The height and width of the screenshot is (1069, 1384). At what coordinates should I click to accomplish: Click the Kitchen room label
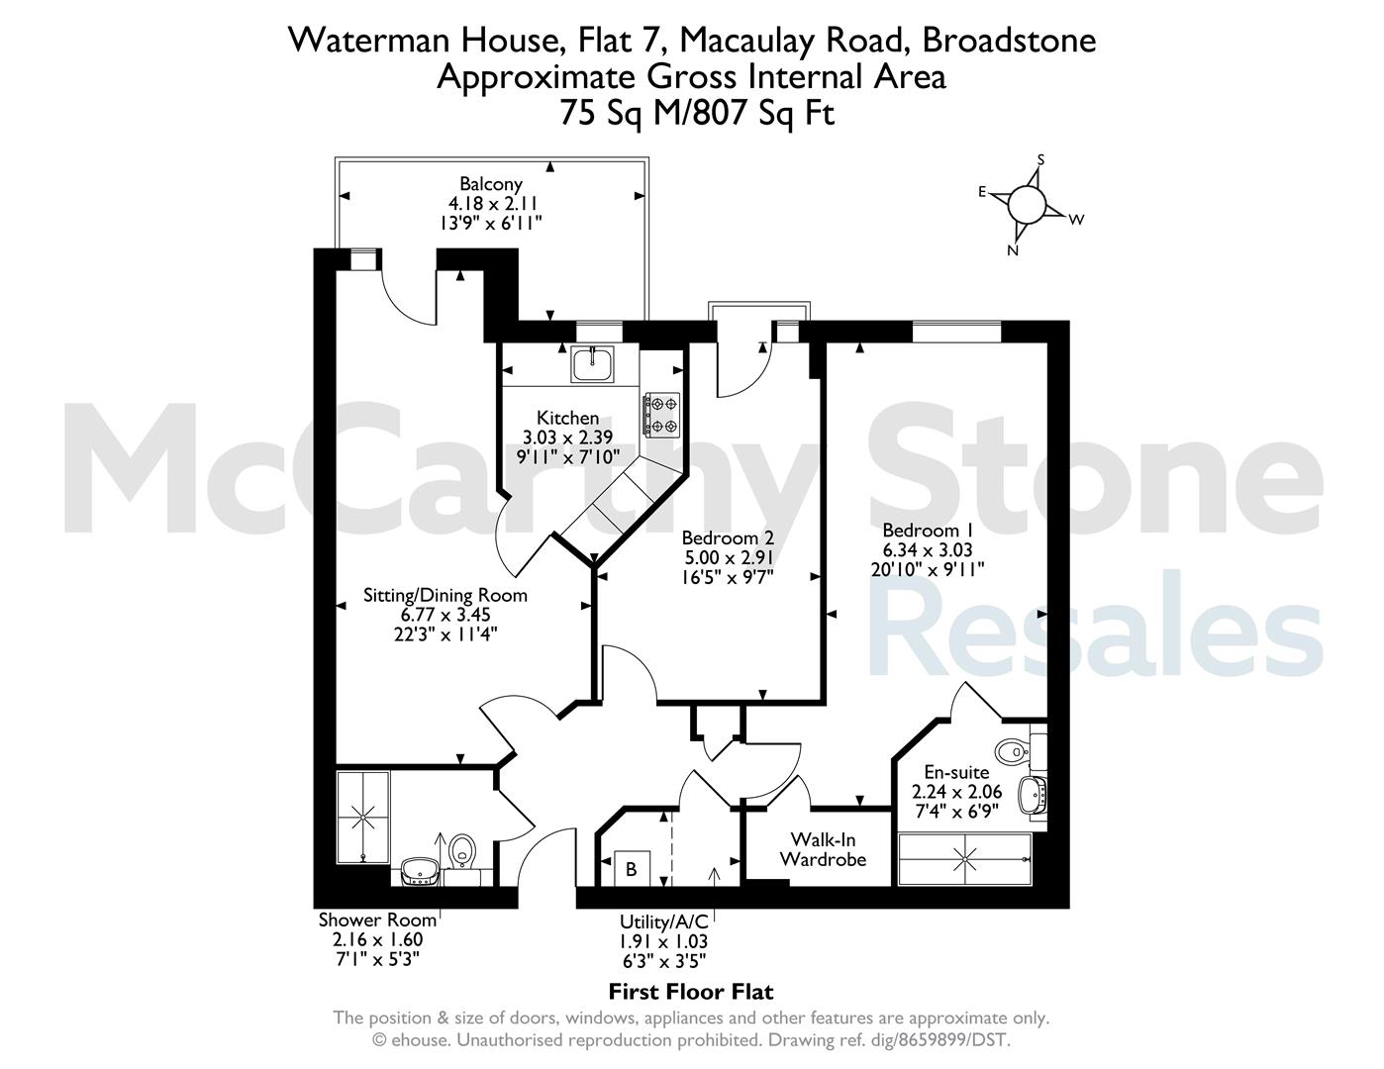(567, 419)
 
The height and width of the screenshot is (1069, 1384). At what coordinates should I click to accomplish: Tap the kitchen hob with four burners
(662, 415)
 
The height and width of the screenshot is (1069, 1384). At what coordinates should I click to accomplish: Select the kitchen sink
(592, 364)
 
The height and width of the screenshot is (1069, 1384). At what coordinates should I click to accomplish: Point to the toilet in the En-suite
(1012, 751)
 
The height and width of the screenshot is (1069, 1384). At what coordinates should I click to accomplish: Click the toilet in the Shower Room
(462, 851)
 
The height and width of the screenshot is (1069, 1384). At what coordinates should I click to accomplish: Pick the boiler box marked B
(632, 868)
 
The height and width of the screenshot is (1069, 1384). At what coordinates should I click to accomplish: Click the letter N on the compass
(1012, 250)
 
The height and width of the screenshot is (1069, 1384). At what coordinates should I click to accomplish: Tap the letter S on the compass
(1040, 159)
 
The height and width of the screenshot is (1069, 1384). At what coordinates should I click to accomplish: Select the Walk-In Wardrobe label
(823, 849)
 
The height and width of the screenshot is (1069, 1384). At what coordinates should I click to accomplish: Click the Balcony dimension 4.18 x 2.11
(493, 204)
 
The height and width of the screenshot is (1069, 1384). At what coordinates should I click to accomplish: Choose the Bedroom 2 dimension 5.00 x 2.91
(729, 557)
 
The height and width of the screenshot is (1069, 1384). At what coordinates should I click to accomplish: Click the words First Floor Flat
(691, 992)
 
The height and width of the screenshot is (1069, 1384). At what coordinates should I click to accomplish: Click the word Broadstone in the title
(1010, 41)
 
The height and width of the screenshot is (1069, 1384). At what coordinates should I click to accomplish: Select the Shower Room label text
(377, 920)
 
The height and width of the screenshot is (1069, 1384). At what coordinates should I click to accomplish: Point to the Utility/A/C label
(664, 922)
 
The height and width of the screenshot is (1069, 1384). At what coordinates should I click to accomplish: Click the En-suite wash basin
(1032, 795)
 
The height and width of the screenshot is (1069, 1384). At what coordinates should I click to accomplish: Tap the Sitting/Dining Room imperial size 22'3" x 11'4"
(445, 634)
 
